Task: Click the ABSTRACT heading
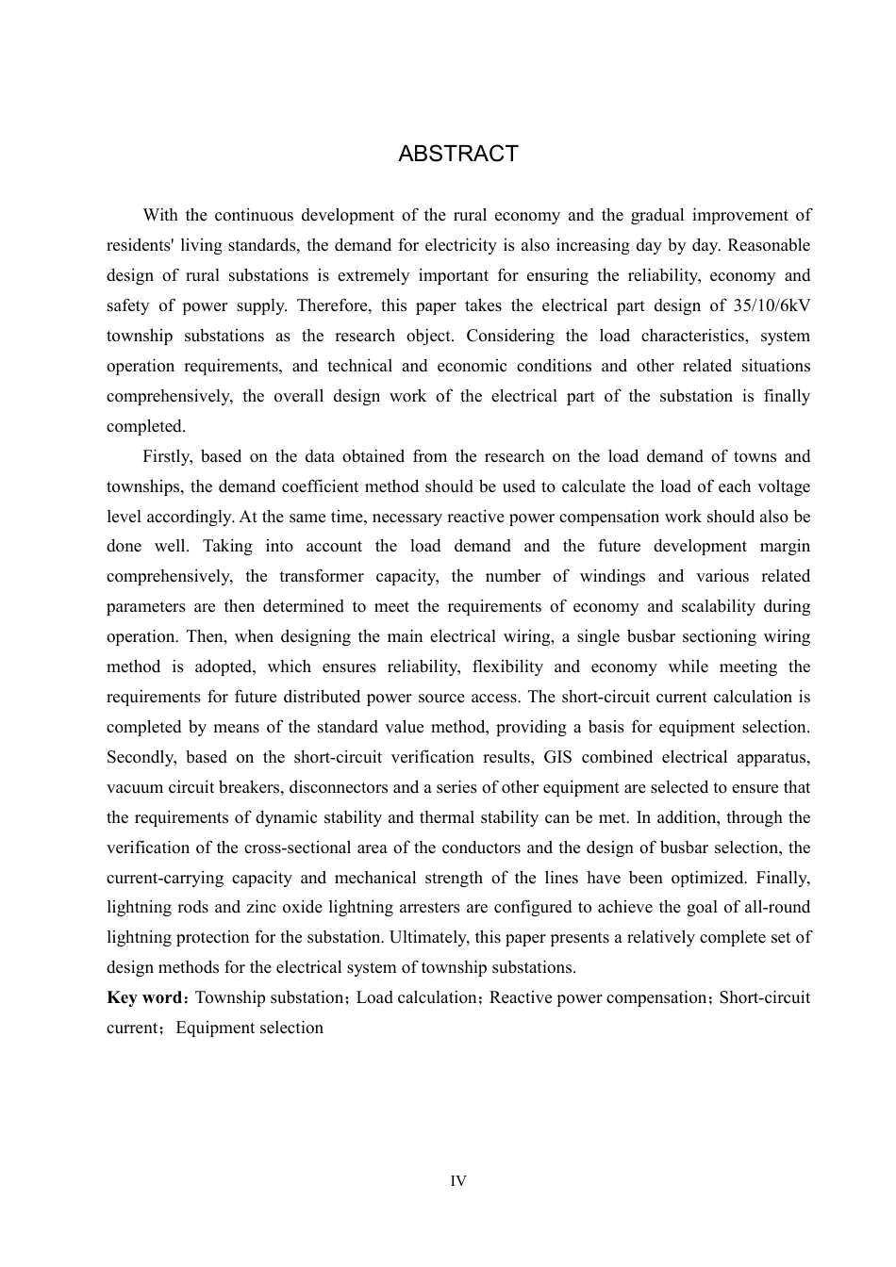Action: pyautogui.click(x=458, y=154)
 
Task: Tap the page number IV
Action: pyautogui.click(x=458, y=1181)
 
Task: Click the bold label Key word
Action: pyautogui.click(x=143, y=997)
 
